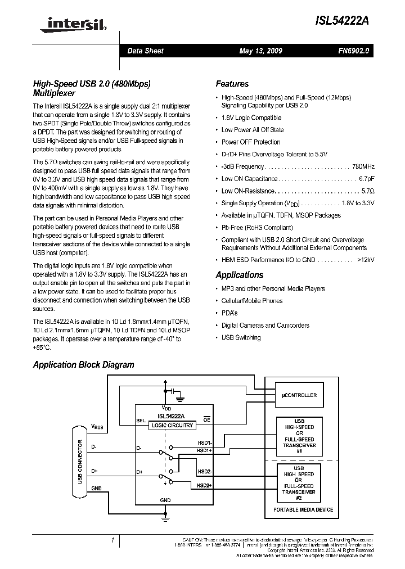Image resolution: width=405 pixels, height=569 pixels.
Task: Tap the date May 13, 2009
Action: click(260, 51)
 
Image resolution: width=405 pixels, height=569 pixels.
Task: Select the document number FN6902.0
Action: click(353, 51)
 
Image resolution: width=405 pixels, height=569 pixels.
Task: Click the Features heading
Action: click(232, 84)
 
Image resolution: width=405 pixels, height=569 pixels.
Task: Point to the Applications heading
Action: click(239, 275)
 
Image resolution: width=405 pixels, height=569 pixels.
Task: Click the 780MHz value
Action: click(363, 166)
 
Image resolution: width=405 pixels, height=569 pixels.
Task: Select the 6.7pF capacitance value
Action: click(366, 179)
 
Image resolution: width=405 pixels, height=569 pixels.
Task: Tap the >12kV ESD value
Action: click(365, 260)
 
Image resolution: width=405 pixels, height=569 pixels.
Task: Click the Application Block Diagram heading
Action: click(83, 364)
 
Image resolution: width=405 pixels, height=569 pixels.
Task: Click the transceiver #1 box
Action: click(299, 436)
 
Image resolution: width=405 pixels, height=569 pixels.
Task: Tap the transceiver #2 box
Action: click(299, 483)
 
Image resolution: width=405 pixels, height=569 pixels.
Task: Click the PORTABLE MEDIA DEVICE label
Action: click(303, 510)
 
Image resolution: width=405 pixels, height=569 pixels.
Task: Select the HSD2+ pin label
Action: click(204, 485)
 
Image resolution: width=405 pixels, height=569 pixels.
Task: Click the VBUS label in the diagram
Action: click(97, 427)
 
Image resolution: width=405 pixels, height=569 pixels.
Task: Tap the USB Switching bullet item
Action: click(241, 337)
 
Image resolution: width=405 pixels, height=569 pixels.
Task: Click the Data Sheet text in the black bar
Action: click(145, 51)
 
